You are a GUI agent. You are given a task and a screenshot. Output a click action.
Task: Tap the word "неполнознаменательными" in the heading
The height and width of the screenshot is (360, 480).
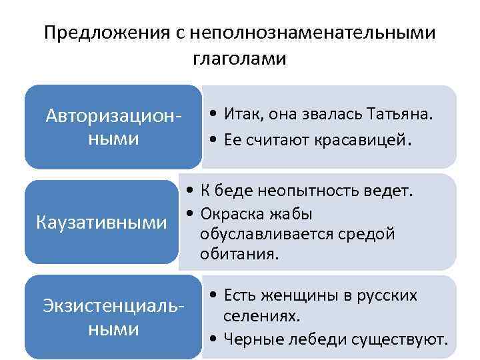click(313, 33)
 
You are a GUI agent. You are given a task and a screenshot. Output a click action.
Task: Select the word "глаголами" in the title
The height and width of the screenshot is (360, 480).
click(239, 59)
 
